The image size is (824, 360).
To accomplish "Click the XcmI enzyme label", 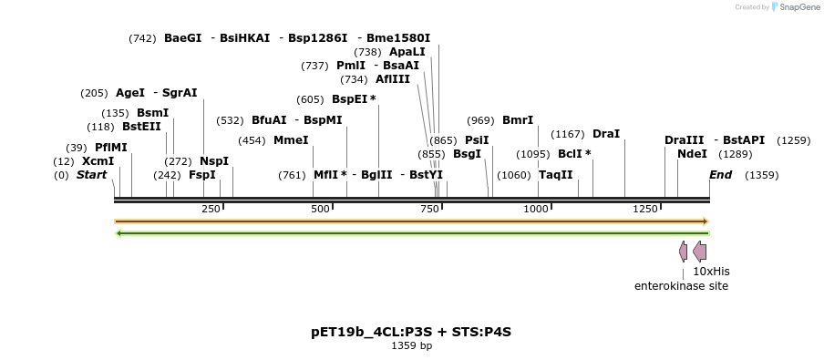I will pos(98,161).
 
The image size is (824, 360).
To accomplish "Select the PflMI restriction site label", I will pos(111,148).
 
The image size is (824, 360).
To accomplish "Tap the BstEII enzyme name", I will pos(141,127).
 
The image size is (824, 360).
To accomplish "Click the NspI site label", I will pos(214,161).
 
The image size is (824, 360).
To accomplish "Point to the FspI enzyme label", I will pos(202,175).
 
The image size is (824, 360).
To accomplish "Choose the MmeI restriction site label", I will pos(291,140).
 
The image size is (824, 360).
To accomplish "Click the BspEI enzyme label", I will pos(350,99).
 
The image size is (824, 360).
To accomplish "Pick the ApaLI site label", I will pos(407,52).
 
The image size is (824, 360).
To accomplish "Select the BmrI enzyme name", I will pos(518,120).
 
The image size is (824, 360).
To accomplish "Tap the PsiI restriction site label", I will pos(477,140).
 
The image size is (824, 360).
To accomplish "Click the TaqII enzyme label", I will pos(556,175).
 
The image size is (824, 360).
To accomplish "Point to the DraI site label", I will pos(606,134).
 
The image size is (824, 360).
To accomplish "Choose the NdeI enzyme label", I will pos(692,154).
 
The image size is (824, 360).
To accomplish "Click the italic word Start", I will pos(91,175).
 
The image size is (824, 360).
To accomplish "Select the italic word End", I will pos(720,175).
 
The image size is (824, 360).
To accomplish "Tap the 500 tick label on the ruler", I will pos(320,210).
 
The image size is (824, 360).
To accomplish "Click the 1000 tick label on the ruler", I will pos(536,210).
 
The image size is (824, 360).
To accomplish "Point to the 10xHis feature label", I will pos(711,272).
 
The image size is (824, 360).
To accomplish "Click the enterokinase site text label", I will pos(681,286).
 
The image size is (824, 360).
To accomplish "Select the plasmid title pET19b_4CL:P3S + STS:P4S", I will pos(411,332).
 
